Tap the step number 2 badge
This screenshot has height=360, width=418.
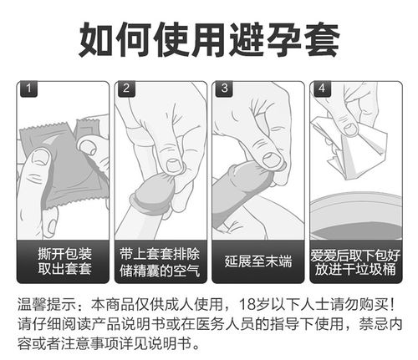point(126,89)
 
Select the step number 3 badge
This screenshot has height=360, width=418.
point(224,89)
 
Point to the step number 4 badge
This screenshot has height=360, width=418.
point(322,89)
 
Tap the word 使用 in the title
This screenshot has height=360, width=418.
point(208,38)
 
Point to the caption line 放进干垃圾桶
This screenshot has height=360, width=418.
point(355,270)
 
